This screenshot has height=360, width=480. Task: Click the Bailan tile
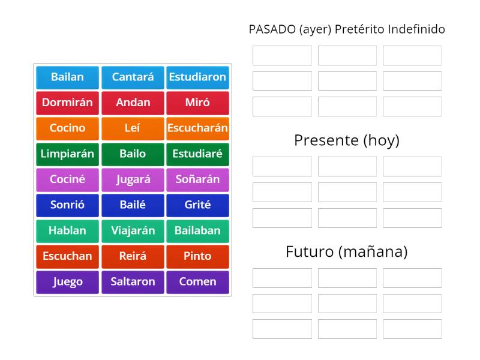point(67,77)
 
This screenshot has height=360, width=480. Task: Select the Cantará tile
point(133,77)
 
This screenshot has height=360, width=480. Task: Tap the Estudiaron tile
point(197,77)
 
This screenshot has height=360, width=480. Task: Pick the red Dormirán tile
point(67,103)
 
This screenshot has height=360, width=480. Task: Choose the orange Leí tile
point(133,128)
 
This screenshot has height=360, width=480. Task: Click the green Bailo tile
point(133,154)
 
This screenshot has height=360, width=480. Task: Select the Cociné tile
point(67,179)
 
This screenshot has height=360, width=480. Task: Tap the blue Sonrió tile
point(67,205)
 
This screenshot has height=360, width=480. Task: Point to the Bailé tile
point(133,205)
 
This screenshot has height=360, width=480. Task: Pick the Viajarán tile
point(133,230)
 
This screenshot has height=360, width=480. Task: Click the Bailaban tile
point(197,230)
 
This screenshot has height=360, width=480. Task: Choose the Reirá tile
point(133,256)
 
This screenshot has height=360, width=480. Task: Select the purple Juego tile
point(67,281)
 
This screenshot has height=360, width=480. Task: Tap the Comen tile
point(197,281)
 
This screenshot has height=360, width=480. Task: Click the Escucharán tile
point(197,128)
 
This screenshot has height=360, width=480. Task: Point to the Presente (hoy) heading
point(346,140)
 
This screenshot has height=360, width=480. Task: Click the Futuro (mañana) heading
point(346,252)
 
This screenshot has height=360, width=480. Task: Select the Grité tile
point(197,205)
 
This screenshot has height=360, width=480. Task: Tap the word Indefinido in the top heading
point(416,29)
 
